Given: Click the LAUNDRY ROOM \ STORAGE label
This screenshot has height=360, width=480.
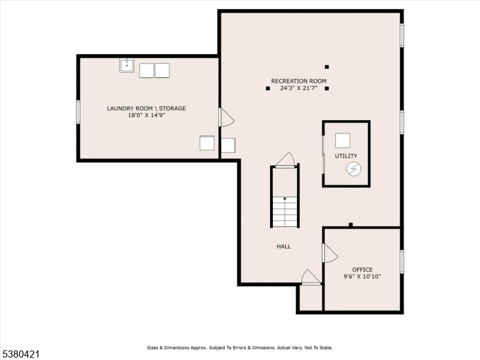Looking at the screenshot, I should [x=146, y=109].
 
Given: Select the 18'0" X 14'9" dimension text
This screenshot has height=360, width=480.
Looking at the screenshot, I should [x=146, y=115].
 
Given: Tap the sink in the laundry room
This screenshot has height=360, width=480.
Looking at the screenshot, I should [x=127, y=65].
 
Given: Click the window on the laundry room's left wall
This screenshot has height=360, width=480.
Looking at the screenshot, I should [x=78, y=112].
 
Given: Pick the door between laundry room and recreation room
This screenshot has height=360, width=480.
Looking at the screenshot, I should [x=226, y=118].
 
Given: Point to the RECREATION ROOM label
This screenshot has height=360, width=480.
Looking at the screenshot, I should [x=298, y=81].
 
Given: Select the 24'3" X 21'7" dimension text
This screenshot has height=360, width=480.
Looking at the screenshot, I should [x=298, y=88].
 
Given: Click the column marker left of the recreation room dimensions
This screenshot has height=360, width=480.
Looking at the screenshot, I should [x=268, y=89].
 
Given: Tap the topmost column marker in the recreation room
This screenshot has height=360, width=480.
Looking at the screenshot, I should [x=327, y=67].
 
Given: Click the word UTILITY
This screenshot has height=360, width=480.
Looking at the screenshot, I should [x=346, y=156].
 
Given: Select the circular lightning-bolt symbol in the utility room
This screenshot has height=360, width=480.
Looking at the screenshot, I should [x=353, y=170].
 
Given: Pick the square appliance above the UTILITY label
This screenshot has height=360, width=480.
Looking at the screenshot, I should [x=343, y=140].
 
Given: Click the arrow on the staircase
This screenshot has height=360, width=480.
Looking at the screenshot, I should [x=284, y=199].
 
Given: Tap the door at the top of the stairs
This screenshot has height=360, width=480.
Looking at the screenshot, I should [x=286, y=160].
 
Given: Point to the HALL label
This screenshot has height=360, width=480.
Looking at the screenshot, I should [x=284, y=247].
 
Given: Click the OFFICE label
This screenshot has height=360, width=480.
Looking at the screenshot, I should [x=362, y=270].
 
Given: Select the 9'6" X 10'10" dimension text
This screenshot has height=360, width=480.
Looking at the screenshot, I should [x=362, y=277].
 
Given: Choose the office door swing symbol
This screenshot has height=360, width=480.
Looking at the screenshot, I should [x=329, y=253].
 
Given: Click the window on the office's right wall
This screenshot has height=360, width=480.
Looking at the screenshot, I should [x=401, y=262].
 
